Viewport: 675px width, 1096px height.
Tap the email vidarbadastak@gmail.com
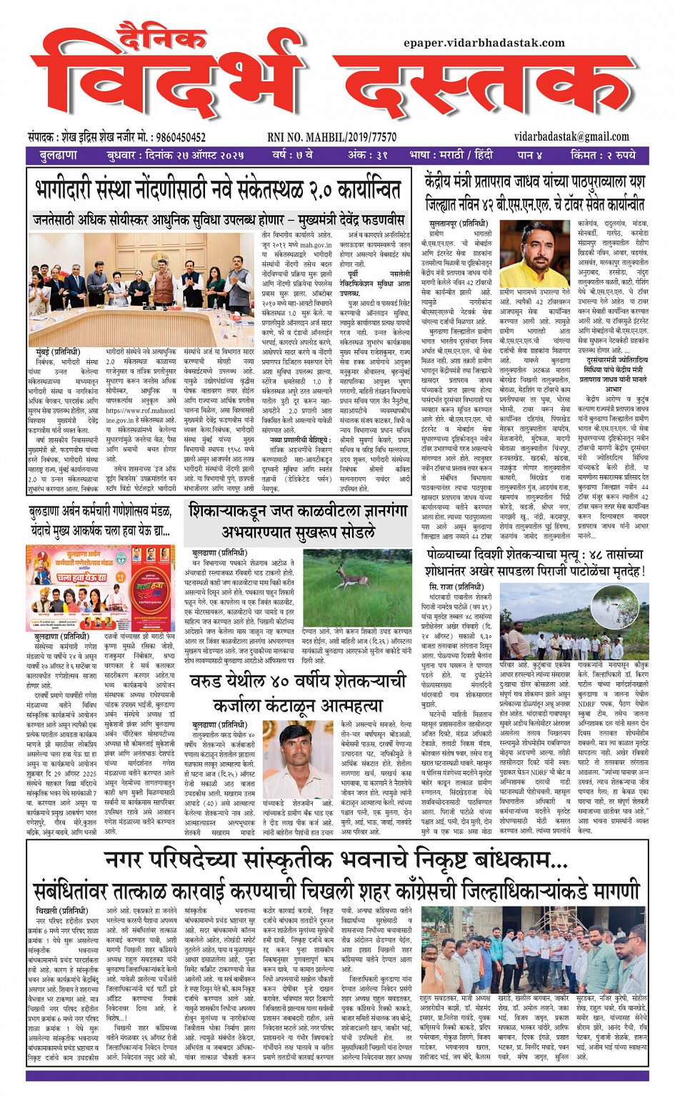coord(571,136)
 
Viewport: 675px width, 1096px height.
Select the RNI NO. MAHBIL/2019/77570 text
coord(331,137)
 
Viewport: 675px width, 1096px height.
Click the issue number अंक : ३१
coord(366,155)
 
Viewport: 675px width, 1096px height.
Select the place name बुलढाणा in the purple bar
coord(59,155)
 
